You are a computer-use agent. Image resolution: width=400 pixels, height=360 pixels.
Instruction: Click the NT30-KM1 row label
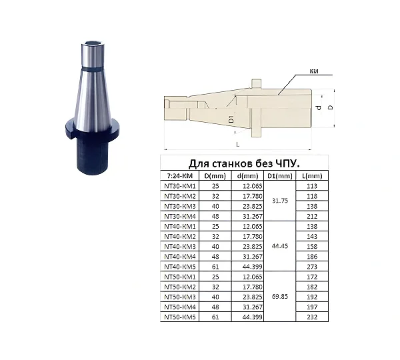pyautogui.click(x=179, y=186)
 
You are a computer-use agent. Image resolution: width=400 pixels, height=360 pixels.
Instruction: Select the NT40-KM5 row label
pyautogui.click(x=179, y=267)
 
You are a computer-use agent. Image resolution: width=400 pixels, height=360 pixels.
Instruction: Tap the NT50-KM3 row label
pyautogui.click(x=179, y=297)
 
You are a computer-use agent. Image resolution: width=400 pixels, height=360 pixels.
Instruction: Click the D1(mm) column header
pyautogui.click(x=280, y=176)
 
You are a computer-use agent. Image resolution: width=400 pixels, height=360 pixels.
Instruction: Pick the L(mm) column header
pyautogui.click(x=312, y=176)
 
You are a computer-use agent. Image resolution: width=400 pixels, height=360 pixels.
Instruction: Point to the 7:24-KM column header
pyautogui.click(x=179, y=176)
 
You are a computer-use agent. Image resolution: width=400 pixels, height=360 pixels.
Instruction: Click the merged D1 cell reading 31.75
pyautogui.click(x=280, y=201)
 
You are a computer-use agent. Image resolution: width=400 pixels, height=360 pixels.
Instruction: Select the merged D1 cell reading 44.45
pyautogui.click(x=280, y=246)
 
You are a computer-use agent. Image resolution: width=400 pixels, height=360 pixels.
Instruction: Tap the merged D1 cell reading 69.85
pyautogui.click(x=280, y=297)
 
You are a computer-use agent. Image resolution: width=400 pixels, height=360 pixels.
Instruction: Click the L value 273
pyautogui.click(x=312, y=267)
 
